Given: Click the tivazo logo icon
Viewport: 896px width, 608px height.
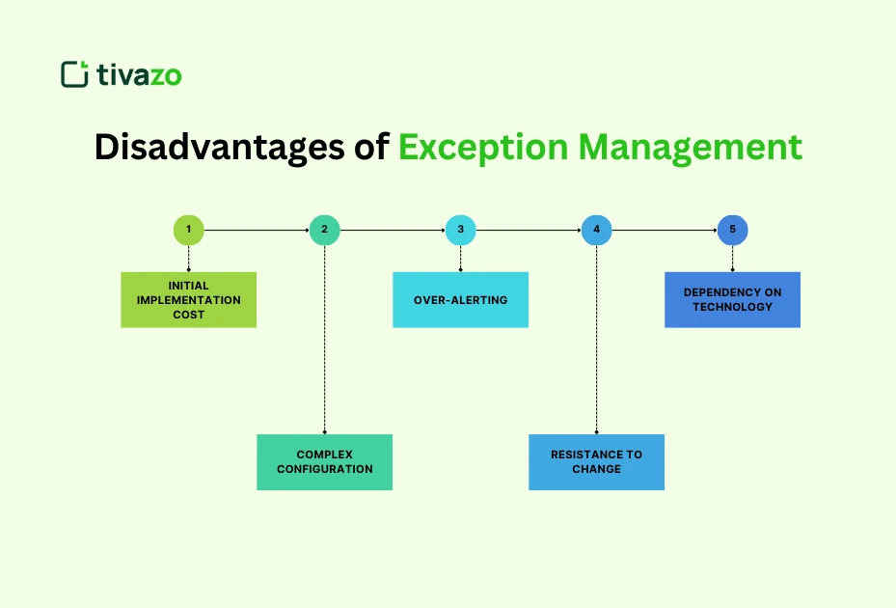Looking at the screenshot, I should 73,74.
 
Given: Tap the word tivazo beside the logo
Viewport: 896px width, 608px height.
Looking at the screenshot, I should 139,75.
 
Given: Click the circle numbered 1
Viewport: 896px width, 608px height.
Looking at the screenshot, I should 189,230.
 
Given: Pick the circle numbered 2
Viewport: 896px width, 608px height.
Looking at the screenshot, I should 325,230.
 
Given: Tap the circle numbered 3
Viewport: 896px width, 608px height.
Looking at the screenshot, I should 461,230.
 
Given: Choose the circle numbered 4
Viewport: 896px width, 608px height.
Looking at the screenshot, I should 597,230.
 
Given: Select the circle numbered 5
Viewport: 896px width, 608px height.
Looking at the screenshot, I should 733,230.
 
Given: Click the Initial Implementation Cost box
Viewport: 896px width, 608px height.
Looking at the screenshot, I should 189,300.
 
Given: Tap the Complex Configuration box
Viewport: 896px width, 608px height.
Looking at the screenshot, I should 325,462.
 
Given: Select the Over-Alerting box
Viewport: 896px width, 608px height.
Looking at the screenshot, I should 461,300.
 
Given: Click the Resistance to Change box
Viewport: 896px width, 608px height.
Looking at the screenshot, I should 597,462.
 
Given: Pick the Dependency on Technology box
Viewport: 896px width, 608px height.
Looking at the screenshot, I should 733,300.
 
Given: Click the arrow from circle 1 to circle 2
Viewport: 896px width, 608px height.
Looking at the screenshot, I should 257,230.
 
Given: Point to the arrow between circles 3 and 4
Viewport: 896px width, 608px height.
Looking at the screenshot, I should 529,230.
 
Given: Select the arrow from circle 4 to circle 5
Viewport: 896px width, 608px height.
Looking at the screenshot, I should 665,230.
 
